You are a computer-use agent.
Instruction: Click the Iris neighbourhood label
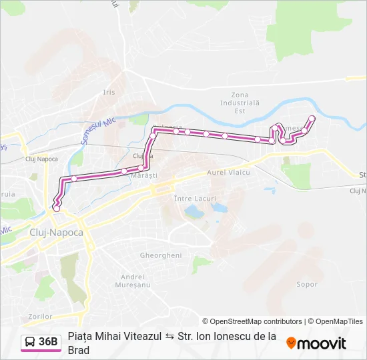109,92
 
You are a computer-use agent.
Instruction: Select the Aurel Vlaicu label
228,172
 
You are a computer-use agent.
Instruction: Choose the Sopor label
307,284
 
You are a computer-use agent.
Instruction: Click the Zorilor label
41,316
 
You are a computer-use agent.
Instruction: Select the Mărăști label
143,175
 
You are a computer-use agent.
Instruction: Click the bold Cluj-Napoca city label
57,232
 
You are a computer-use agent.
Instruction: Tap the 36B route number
48,342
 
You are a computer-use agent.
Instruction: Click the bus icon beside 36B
30,342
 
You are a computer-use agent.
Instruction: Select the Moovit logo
316,343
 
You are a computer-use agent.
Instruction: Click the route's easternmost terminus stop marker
312,119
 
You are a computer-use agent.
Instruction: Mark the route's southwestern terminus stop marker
56,209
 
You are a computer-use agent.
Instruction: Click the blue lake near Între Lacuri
194,212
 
